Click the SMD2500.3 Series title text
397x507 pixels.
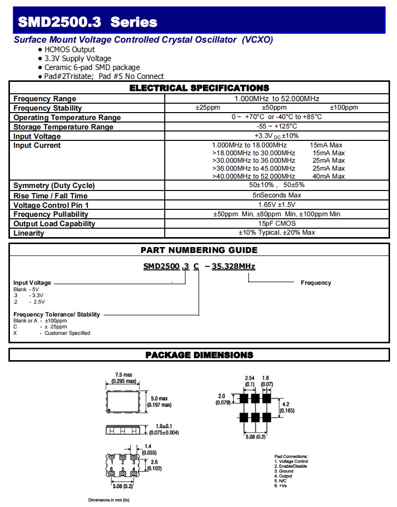87,22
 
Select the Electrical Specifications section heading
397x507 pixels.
199,88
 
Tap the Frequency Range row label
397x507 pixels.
45,99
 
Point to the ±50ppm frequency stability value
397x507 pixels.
274,108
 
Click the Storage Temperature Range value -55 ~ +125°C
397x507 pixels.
276,127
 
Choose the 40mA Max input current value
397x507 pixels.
329,176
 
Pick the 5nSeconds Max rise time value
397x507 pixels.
276,195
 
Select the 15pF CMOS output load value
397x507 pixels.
276,223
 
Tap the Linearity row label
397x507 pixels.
29,233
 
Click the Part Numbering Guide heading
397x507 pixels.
199,250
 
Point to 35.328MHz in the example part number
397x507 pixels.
233,266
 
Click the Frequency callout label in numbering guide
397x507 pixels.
316,283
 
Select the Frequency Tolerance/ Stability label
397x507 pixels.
57,314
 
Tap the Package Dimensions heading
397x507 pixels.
199,355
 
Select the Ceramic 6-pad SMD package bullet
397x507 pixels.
92,67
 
